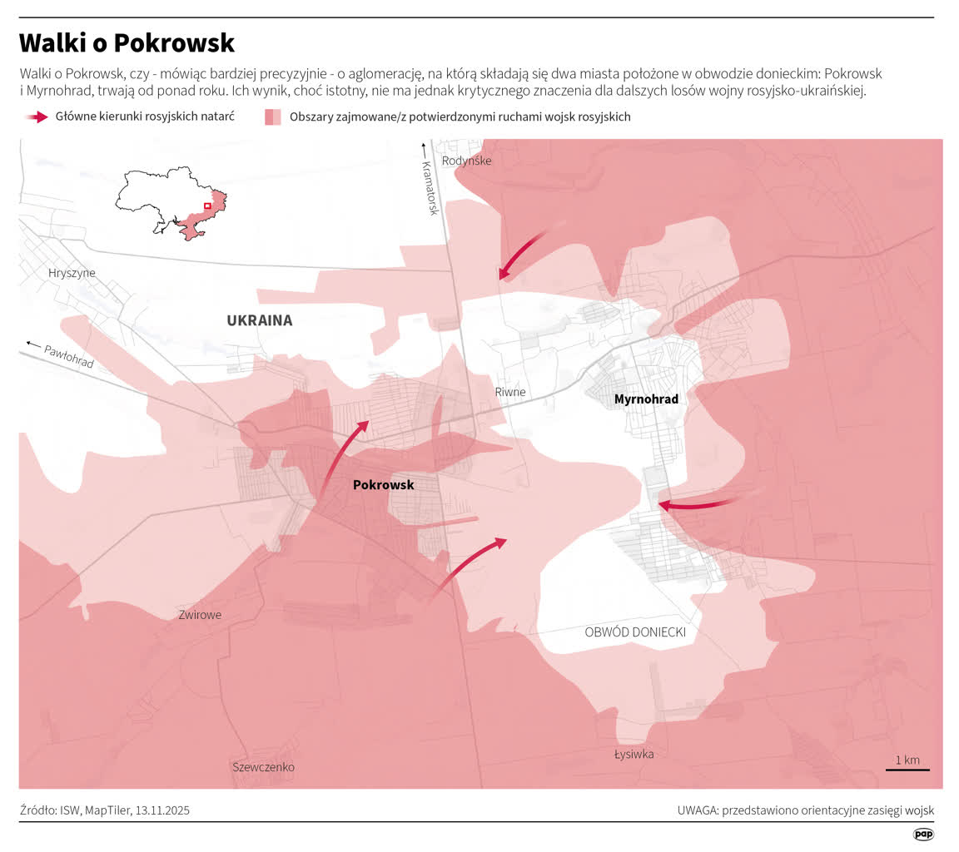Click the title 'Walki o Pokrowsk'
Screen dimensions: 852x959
(x=127, y=43)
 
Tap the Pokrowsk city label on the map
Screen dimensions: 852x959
(x=383, y=484)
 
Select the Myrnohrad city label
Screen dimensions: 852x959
(x=646, y=399)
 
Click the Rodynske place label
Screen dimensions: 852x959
(x=466, y=161)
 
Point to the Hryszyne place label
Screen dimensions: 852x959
(x=72, y=273)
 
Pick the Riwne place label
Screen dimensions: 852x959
(x=510, y=392)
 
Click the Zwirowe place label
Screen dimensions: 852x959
(x=200, y=615)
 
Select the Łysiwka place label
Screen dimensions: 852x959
(x=634, y=754)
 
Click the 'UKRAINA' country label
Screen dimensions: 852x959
(x=259, y=320)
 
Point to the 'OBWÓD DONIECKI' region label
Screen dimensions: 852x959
(x=635, y=632)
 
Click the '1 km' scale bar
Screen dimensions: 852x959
(x=907, y=763)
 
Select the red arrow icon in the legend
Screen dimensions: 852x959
(x=37, y=117)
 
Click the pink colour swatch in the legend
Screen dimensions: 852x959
(x=273, y=117)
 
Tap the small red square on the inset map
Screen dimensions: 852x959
(x=207, y=206)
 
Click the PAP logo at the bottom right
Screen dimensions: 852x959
(x=923, y=834)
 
